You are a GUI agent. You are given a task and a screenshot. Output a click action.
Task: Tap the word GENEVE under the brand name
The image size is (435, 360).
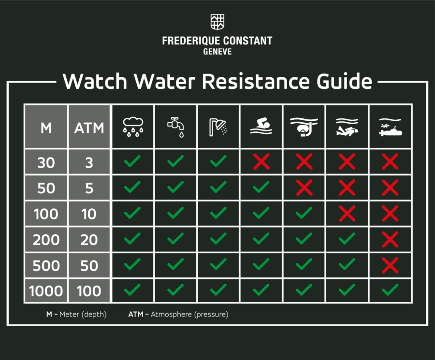pyautogui.click(x=217, y=52)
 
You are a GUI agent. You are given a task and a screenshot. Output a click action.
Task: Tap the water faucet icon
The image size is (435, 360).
pyautogui.click(x=175, y=127)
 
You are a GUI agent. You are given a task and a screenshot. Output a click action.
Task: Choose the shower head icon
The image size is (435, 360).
pyautogui.click(x=218, y=127)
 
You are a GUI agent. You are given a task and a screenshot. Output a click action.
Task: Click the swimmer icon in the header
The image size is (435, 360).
pyautogui.click(x=261, y=127)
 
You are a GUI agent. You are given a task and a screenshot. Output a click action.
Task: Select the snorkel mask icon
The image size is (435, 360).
pyautogui.click(x=304, y=127)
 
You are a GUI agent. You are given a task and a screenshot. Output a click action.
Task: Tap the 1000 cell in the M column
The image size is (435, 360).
pyautogui.click(x=46, y=291)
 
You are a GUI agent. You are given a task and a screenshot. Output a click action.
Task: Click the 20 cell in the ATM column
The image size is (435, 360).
pyautogui.click(x=89, y=239)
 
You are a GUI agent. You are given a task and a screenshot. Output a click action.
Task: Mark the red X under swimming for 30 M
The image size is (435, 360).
pyautogui.click(x=261, y=162)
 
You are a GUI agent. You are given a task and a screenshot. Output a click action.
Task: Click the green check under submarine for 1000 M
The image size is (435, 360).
pyautogui.click(x=390, y=290)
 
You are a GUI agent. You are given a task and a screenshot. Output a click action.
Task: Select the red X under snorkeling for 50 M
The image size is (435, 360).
pyautogui.click(x=304, y=187)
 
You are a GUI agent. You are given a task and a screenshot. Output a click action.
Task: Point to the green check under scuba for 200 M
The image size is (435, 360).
pyautogui.click(x=347, y=239)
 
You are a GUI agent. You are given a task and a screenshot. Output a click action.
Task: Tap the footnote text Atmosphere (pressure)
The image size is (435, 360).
pyautogui.click(x=189, y=314)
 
